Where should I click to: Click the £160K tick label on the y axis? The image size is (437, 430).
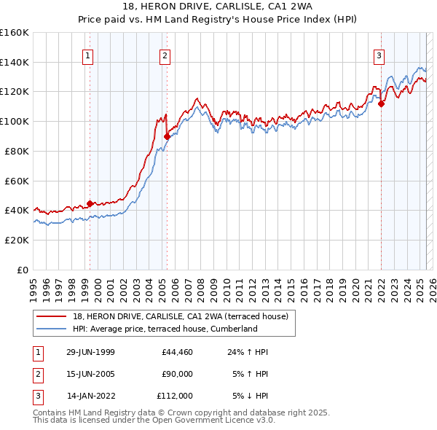(15, 33)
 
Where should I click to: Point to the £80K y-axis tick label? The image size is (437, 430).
(17, 151)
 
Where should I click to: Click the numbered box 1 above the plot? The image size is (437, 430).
(87, 55)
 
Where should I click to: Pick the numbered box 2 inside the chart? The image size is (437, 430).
(165, 55)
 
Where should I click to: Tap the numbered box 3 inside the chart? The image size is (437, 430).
(379, 55)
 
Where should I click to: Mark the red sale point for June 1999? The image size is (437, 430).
(90, 203)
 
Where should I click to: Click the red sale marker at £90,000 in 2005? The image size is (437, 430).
(167, 136)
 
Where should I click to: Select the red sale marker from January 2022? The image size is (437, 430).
(381, 103)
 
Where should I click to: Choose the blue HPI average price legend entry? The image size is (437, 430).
(165, 329)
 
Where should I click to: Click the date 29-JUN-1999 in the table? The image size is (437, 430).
(90, 352)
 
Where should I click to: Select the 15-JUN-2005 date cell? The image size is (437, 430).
(90, 374)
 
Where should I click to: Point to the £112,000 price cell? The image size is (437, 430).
(175, 396)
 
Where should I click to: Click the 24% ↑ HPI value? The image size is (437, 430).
(248, 352)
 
